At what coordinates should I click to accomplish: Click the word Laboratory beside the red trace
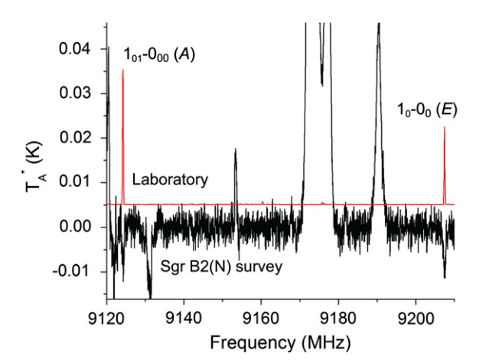point(170,181)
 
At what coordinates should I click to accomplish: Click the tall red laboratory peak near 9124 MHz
point(122,73)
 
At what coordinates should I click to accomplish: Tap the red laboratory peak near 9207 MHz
point(444,130)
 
